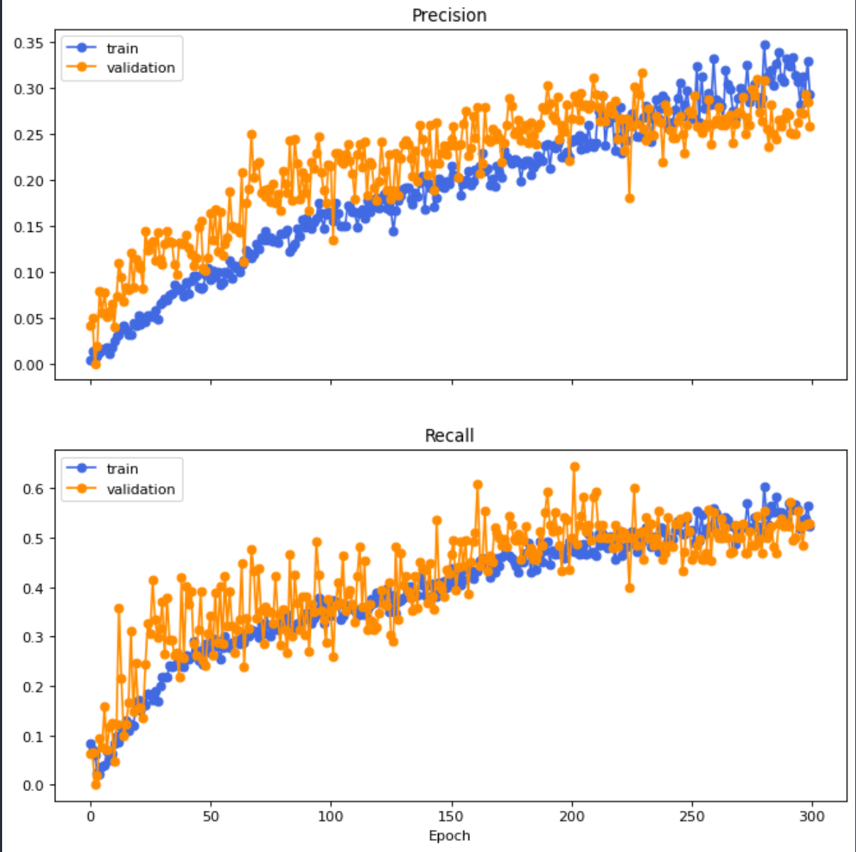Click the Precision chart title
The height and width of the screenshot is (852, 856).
click(x=449, y=16)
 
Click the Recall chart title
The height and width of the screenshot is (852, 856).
click(x=449, y=436)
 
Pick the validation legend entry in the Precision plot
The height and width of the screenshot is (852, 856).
click(x=141, y=68)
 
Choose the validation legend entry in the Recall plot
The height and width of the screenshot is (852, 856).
click(x=141, y=489)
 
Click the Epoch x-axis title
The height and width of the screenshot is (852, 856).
click(x=449, y=836)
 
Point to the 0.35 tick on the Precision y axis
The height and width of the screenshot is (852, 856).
click(x=28, y=43)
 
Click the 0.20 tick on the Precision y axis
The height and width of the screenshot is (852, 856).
click(x=28, y=181)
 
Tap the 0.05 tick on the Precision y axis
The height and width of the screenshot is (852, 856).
click(x=28, y=319)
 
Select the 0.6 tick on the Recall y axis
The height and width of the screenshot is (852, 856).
click(x=33, y=489)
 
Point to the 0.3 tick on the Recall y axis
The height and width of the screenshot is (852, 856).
click(x=33, y=637)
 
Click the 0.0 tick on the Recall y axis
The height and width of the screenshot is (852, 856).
click(x=33, y=785)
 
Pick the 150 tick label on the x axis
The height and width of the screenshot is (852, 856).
click(x=451, y=816)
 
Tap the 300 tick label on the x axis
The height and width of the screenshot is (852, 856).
click(x=812, y=816)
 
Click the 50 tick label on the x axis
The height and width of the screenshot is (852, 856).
click(x=211, y=816)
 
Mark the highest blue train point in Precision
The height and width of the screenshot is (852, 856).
click(x=765, y=45)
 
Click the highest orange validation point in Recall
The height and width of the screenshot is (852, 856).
click(x=575, y=467)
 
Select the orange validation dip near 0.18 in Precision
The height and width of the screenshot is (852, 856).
click(x=630, y=199)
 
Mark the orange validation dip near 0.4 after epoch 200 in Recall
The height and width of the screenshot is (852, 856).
click(x=630, y=588)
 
